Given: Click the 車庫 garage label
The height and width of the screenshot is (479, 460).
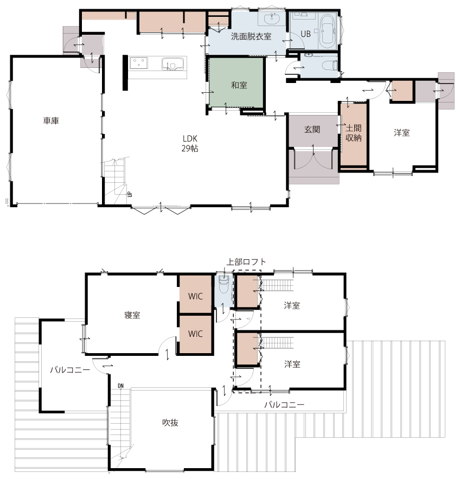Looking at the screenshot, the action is point(51,120).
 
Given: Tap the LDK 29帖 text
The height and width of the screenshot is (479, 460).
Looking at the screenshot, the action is point(190,143).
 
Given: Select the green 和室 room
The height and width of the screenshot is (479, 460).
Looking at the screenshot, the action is point(236,82).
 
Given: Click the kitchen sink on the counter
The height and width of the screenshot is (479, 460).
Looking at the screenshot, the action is point(174,63).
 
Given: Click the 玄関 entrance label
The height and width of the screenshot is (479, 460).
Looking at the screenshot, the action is point(312,130).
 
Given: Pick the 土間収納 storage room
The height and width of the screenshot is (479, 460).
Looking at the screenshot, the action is point(353,135).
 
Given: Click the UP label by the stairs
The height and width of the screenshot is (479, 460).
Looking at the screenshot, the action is point(130,194).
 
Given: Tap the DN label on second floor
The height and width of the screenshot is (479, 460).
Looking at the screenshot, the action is point(120,386).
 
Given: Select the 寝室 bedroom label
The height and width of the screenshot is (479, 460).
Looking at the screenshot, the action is point(132,315).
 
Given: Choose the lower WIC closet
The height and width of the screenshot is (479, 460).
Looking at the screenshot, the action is point(195,334).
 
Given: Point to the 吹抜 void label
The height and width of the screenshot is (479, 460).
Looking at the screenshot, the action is point(170,423).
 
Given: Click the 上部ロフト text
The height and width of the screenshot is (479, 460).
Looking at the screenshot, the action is point(246,262).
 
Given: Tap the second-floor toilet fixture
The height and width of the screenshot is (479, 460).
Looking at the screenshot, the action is point(224,284).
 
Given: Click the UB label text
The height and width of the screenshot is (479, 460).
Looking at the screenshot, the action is point(305,34).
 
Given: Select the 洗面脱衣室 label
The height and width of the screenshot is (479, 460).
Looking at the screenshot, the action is point(251,36).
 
